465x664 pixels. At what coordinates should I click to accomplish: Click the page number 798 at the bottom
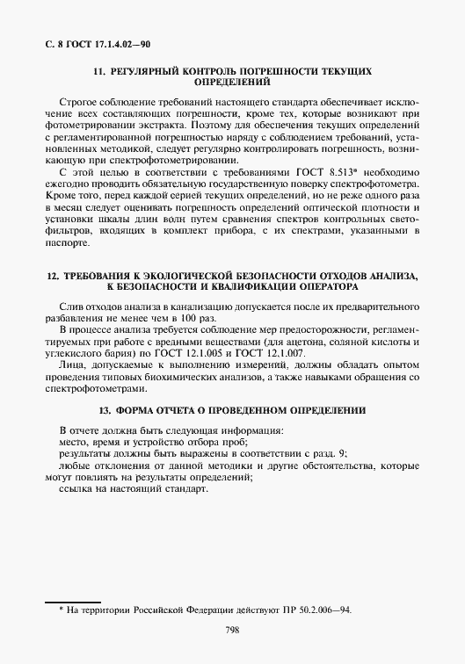232,630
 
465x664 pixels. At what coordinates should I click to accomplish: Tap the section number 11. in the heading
99,69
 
